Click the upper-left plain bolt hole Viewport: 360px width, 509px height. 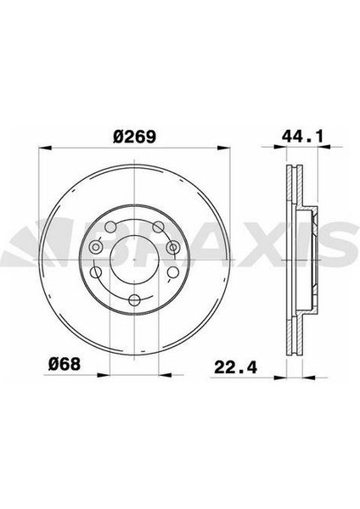[114, 226]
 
